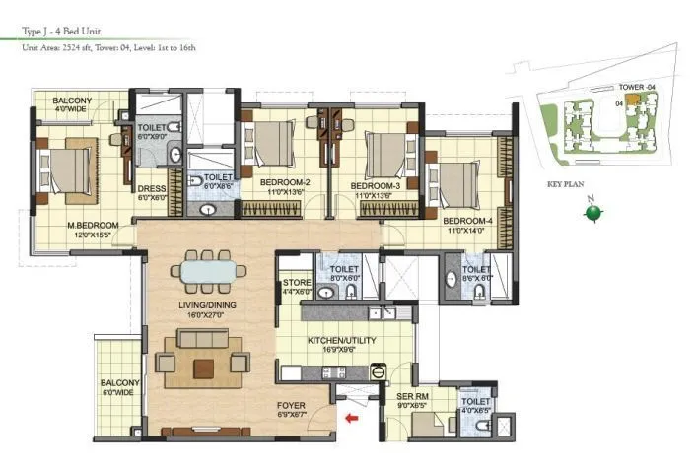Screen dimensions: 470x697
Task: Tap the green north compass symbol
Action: pyautogui.click(x=591, y=213)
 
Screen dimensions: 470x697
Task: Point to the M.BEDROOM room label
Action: pyautogui.click(x=93, y=226)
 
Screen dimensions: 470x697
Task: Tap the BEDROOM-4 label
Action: pyautogui.click(x=466, y=221)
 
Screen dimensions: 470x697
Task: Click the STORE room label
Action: pyautogui.click(x=296, y=284)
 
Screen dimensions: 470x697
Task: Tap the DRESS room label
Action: pyautogui.click(x=151, y=189)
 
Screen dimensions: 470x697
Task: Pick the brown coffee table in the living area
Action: pyautogui.click(x=204, y=368)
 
